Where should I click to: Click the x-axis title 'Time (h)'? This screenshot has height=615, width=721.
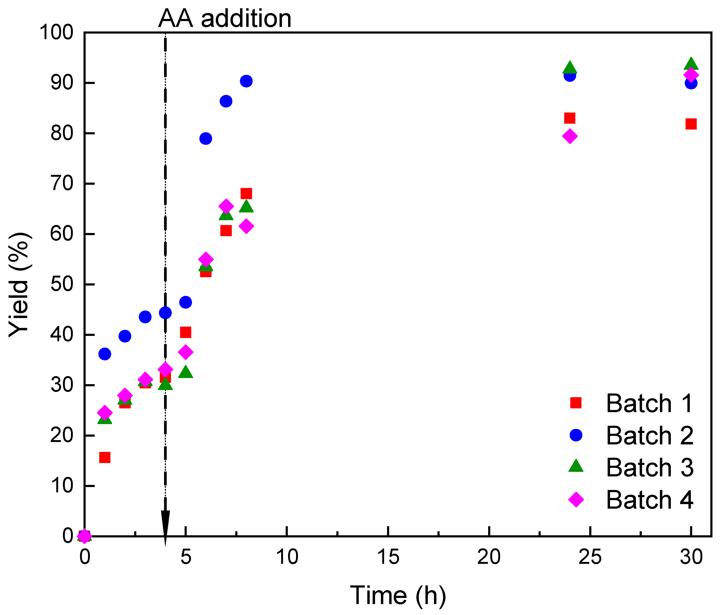click(x=398, y=595)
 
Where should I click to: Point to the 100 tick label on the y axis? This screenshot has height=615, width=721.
click(x=56, y=33)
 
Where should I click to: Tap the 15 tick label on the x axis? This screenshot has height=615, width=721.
click(x=388, y=557)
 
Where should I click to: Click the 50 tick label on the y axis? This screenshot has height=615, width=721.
click(x=62, y=284)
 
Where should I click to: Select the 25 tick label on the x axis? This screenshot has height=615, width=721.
click(x=590, y=557)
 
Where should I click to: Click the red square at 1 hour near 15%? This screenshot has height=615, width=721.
click(x=105, y=457)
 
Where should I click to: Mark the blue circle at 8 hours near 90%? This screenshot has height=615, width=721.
click(x=246, y=81)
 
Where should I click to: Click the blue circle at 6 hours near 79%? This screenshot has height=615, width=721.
click(x=206, y=138)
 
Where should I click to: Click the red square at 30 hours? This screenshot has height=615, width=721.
click(x=691, y=124)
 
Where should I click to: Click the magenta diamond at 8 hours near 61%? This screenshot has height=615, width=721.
click(x=246, y=226)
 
